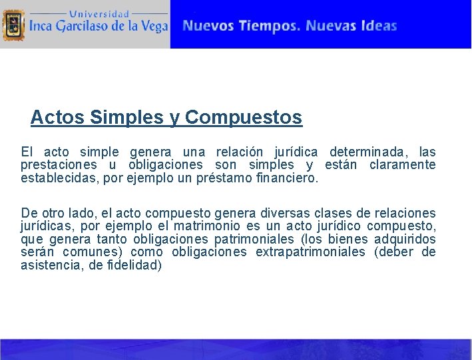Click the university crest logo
point(13,25)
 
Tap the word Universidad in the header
point(99,13)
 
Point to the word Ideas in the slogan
point(379,26)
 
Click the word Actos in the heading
point(57,118)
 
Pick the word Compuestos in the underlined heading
point(244,118)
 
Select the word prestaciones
point(59,165)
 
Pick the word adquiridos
point(405,239)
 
